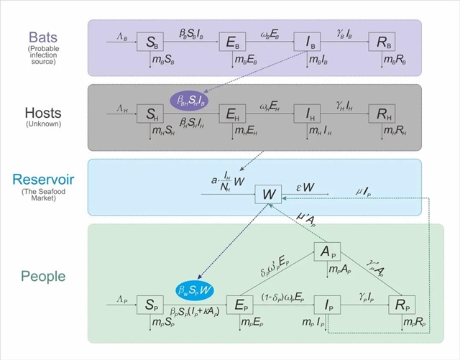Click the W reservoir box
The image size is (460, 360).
point(269,194)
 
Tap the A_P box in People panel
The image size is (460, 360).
point(327,253)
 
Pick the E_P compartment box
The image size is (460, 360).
point(240,304)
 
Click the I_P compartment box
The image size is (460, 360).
point(327,304)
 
